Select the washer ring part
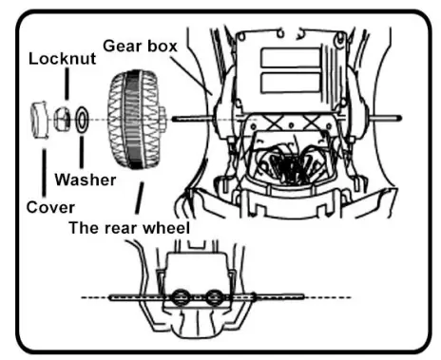(x=83, y=121)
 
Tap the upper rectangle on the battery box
(x=282, y=58)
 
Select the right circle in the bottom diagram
(x=215, y=299)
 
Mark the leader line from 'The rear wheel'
(x=141, y=199)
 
